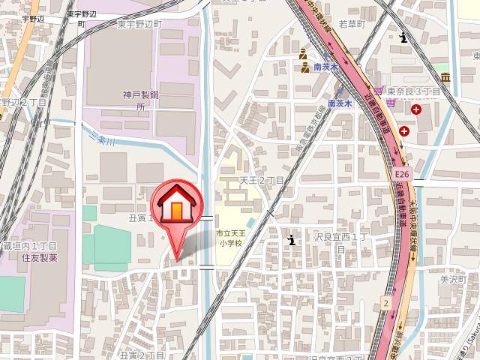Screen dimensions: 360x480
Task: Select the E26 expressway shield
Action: (400, 174)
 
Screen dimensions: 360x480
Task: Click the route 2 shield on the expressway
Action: (385, 302)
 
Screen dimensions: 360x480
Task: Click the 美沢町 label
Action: (454, 279)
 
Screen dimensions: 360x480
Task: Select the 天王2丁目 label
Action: (262, 181)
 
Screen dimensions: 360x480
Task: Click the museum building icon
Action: (445, 77)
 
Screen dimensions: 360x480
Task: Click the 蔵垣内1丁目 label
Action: (30, 246)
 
